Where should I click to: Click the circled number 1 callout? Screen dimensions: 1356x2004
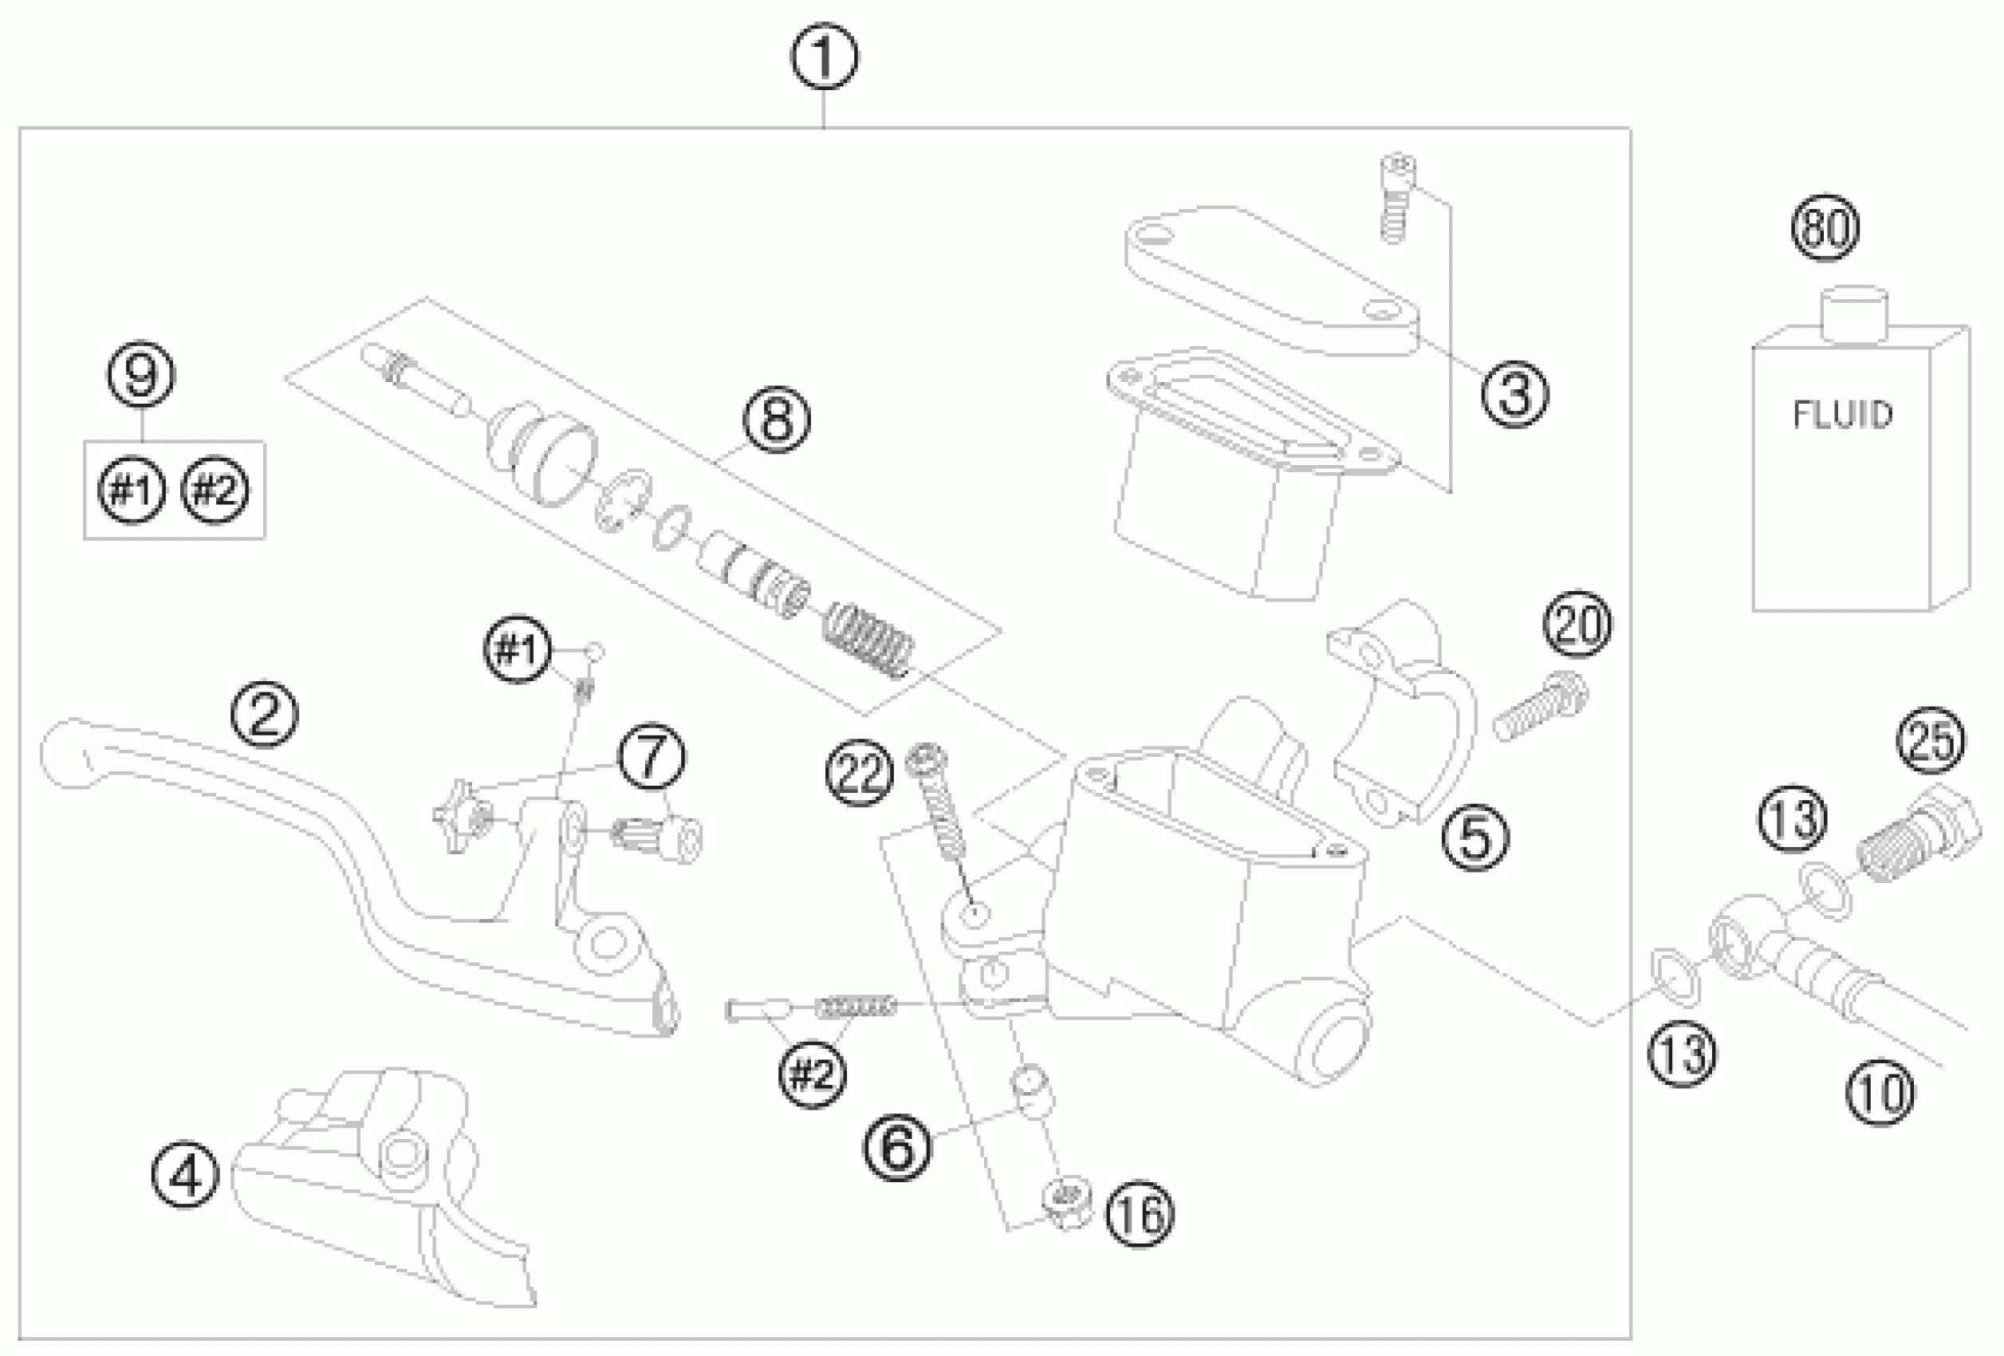click(x=824, y=57)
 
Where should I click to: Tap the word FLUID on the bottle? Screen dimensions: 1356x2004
click(x=1843, y=415)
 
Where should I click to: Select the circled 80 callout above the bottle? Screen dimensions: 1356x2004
click(x=1825, y=227)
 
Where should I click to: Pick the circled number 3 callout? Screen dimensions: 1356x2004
click(x=1514, y=393)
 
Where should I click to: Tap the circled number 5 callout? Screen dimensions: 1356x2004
click(x=1476, y=837)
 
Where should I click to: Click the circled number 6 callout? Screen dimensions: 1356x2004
click(x=898, y=1146)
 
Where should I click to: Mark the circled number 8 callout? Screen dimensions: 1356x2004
click(x=777, y=420)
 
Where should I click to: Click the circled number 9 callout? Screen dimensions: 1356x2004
click(x=141, y=375)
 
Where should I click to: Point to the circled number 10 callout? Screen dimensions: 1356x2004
click(x=1880, y=1093)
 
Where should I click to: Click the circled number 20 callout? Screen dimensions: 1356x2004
click(x=1578, y=624)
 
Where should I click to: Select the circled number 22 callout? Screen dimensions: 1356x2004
click(x=859, y=773)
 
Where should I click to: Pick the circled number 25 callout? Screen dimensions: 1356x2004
click(x=1931, y=740)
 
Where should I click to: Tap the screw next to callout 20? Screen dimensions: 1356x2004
click(x=1539, y=708)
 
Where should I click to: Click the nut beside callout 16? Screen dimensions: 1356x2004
click(x=1067, y=1201)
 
